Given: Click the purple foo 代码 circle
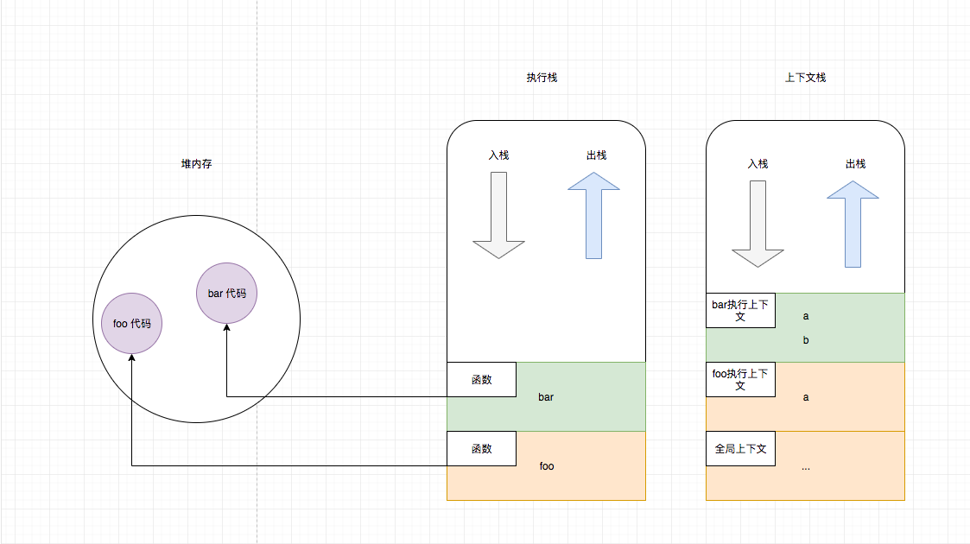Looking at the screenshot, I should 131,324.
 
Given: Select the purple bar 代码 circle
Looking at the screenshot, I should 226,294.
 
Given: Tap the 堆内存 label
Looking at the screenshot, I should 196,164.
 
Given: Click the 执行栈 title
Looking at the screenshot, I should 542,78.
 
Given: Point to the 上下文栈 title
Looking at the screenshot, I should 805,78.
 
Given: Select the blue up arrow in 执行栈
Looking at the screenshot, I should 593,216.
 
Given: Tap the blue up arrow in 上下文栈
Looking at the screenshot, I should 853,225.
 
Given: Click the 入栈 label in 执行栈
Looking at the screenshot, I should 498,155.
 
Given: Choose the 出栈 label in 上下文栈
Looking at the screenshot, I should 855,163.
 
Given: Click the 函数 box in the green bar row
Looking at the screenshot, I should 481,379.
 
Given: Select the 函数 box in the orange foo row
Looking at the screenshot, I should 481,448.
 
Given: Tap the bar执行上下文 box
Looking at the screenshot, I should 740,310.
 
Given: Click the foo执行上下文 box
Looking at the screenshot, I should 740,379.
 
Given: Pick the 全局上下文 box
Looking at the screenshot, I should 740,448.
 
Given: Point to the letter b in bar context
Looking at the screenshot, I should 806,340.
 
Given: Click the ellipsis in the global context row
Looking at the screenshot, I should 806,467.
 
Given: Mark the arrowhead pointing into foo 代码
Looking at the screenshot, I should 131,357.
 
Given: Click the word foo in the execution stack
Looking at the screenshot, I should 547,466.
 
